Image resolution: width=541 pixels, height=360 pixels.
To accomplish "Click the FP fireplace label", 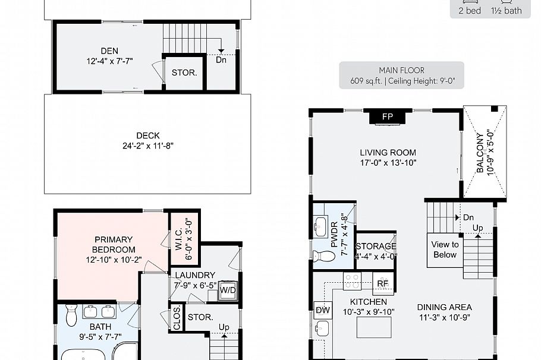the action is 388,116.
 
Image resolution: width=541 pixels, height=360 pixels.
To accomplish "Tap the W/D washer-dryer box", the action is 228,290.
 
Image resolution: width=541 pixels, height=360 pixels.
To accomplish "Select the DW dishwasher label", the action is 323,310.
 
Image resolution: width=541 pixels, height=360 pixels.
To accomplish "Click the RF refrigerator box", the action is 383,284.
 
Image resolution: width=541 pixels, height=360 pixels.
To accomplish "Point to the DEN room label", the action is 109,51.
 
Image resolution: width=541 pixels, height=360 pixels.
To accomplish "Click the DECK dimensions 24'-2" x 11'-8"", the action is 148,146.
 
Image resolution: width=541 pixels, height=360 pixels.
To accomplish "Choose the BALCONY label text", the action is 480,153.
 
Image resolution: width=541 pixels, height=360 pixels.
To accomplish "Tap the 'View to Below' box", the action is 445,250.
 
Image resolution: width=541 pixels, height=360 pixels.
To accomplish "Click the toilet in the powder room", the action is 323,256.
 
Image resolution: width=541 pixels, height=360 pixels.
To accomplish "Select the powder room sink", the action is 321,227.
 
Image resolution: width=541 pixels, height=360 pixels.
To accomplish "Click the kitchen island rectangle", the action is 374,327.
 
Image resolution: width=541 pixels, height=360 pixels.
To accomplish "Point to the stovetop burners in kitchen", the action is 352,280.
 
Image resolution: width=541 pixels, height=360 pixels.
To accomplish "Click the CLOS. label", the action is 177,318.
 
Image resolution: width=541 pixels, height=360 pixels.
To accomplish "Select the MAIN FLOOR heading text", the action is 402,70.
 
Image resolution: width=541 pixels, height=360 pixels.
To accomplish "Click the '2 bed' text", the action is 470,11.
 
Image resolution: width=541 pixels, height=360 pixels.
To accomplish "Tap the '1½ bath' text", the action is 507,11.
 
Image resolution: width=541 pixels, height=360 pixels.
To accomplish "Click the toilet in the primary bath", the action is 71,315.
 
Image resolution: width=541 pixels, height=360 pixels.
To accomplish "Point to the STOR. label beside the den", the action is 184,72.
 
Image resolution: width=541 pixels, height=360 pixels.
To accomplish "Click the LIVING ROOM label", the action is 388,153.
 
